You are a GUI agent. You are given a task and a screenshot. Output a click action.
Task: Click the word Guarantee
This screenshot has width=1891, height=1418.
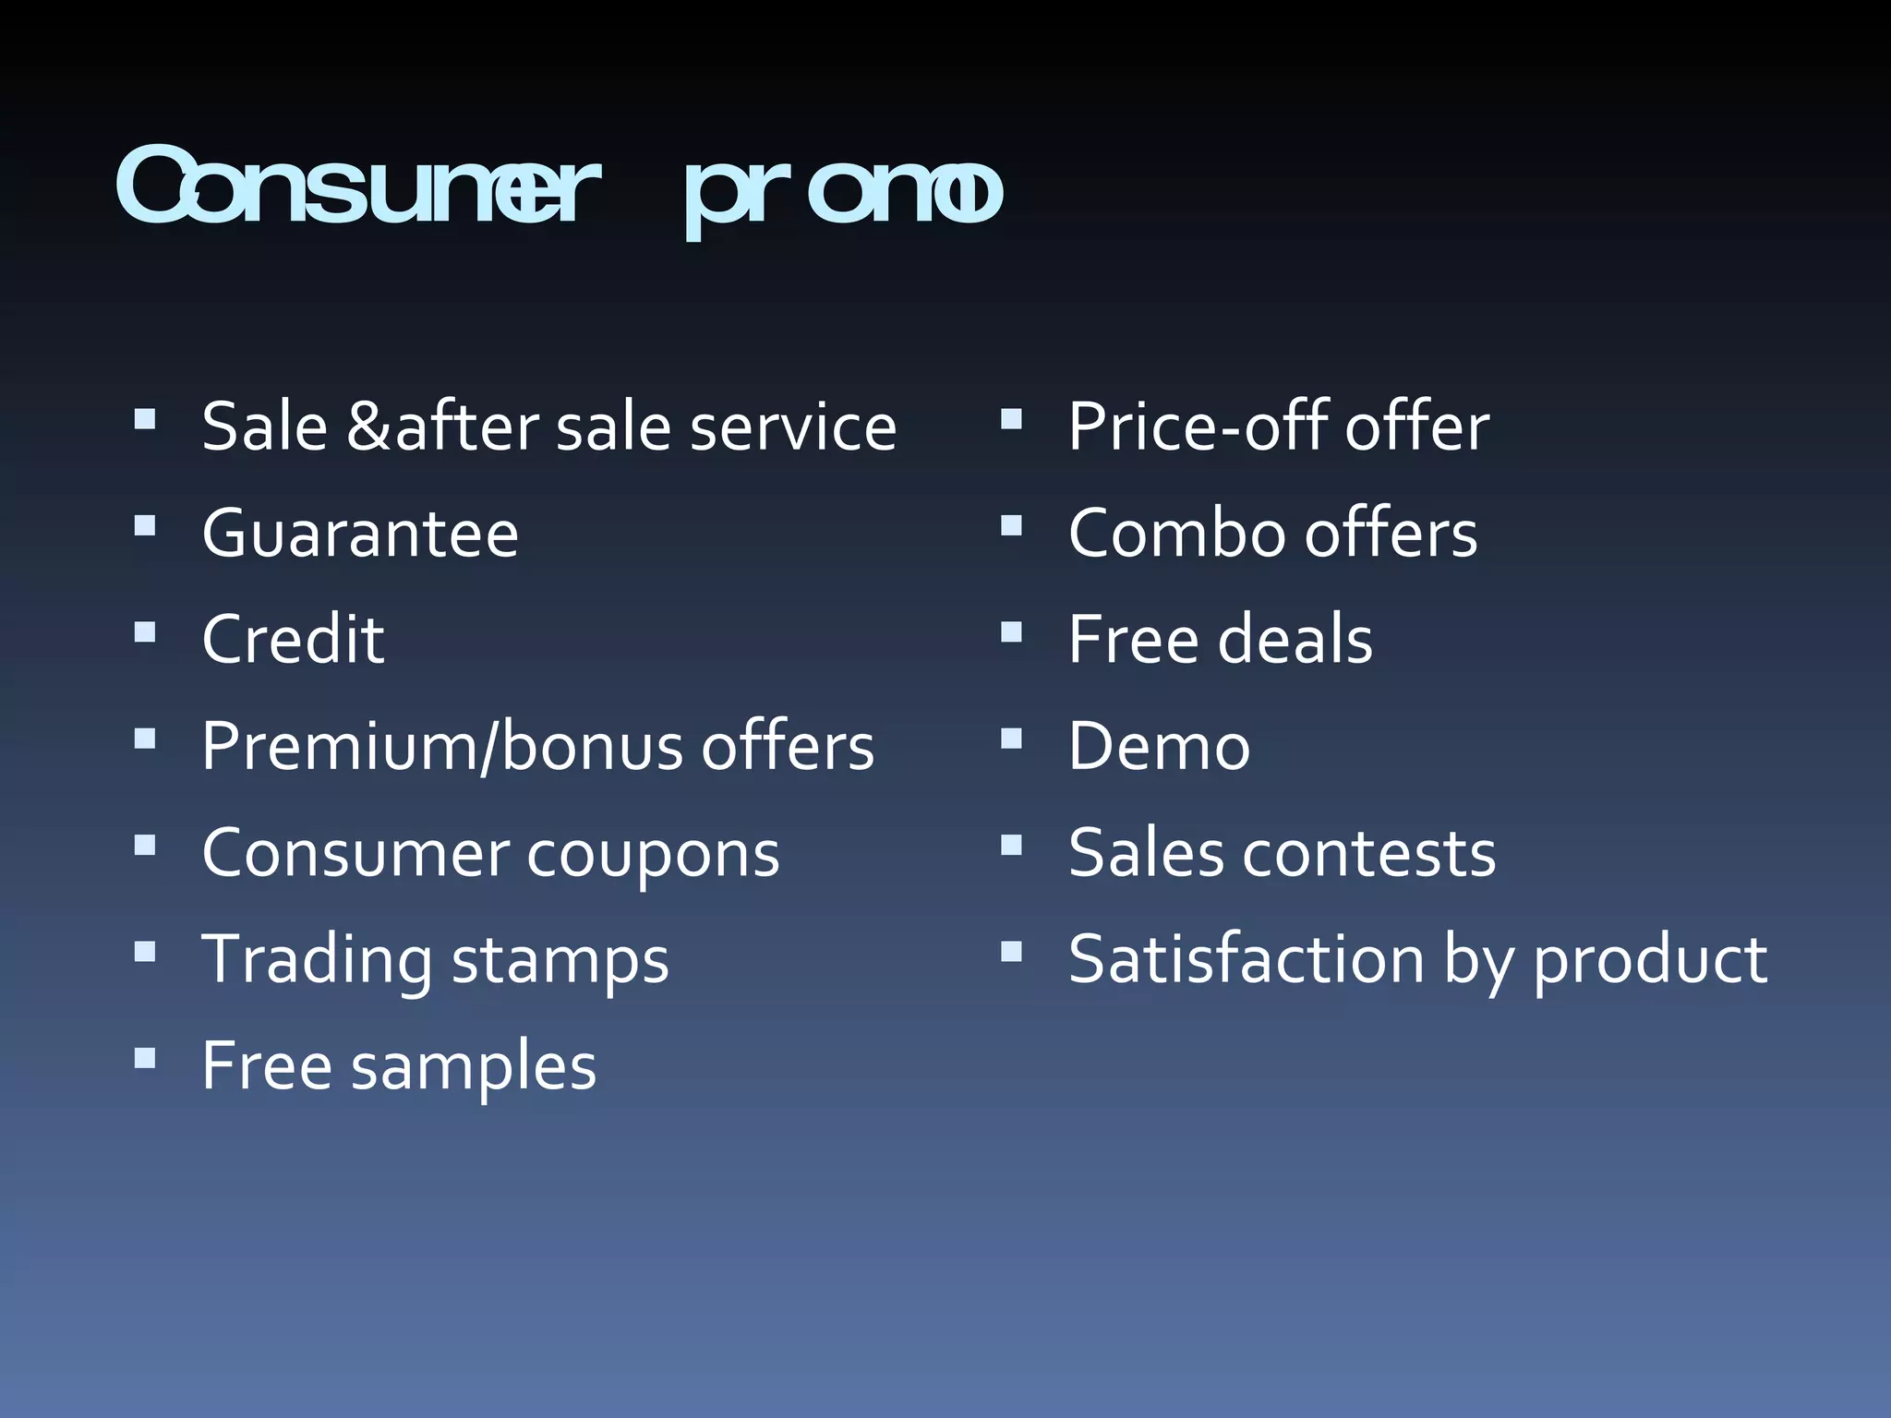[360, 534]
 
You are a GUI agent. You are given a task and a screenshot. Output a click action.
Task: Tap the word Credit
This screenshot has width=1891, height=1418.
[293, 639]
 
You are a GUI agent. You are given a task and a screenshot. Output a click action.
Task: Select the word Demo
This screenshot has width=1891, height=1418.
[1159, 746]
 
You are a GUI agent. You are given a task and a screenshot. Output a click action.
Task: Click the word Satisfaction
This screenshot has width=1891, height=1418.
[1247, 959]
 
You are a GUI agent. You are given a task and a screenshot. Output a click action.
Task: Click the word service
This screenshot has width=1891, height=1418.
[793, 427]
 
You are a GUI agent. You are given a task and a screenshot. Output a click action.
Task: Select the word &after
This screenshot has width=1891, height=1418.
[442, 427]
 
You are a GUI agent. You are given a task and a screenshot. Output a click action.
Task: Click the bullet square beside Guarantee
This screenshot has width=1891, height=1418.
[145, 526]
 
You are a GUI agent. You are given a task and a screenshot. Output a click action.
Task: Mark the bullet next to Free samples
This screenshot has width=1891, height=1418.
[145, 1058]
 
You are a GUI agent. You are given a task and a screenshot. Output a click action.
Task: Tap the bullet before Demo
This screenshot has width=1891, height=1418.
[1012, 739]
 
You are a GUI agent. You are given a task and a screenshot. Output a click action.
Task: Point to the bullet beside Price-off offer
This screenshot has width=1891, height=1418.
[1012, 420]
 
